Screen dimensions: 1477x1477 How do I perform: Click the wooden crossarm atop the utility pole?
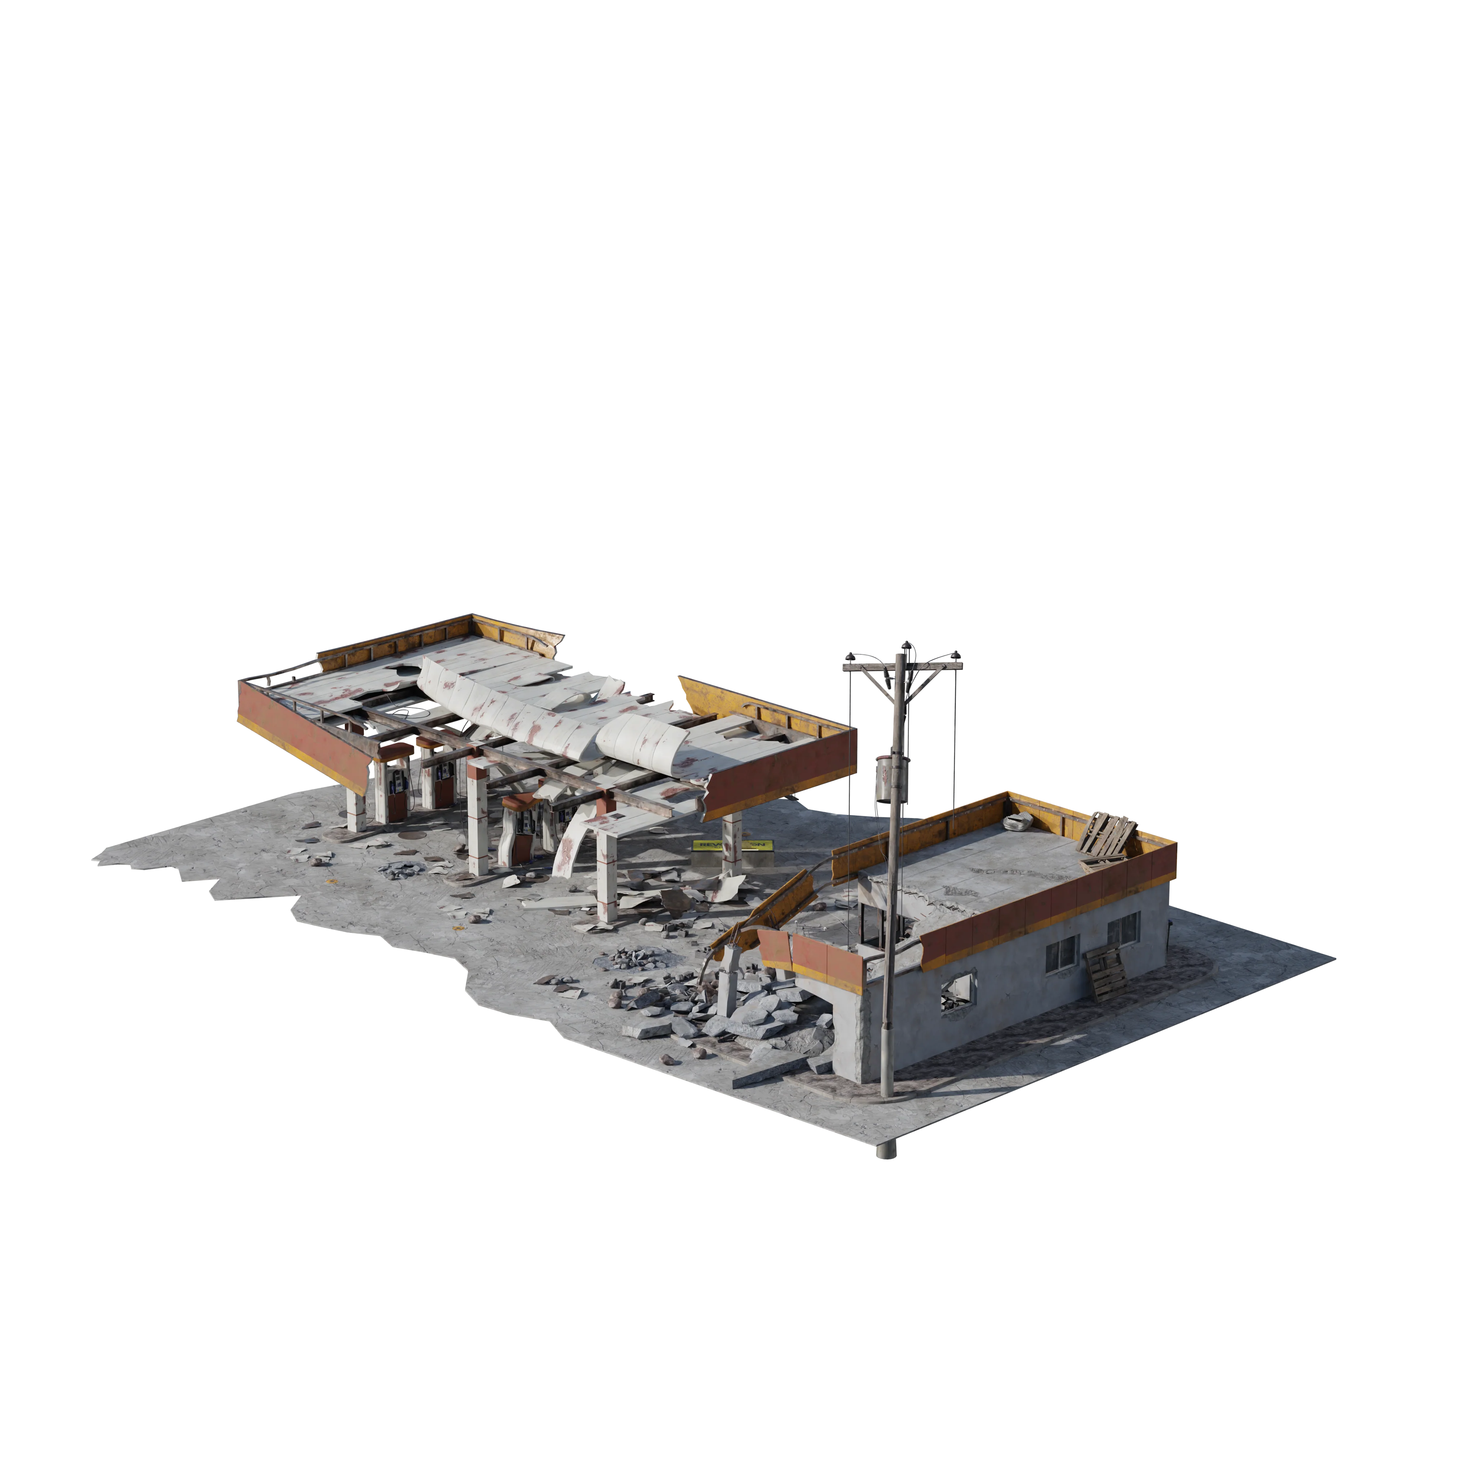pyautogui.click(x=902, y=669)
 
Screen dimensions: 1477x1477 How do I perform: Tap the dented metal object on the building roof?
pyautogui.click(x=1019, y=823)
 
